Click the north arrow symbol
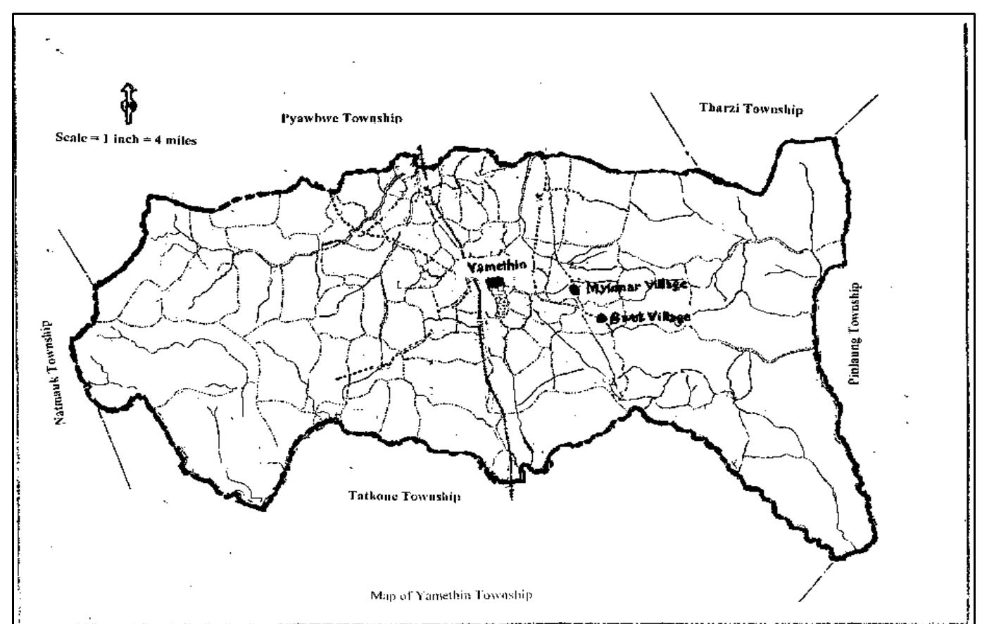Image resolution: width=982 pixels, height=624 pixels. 130,104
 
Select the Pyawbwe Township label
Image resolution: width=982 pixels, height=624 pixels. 341,118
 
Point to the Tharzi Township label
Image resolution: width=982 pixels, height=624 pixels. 750,108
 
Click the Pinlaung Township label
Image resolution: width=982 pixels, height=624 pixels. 854,333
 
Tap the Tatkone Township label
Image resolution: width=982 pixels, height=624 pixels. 404,496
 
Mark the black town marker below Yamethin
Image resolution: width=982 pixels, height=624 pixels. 496,281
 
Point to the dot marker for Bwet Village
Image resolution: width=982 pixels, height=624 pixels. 601,318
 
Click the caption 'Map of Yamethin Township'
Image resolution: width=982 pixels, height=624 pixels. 451,595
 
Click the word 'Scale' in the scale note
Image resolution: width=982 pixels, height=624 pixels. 71,138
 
